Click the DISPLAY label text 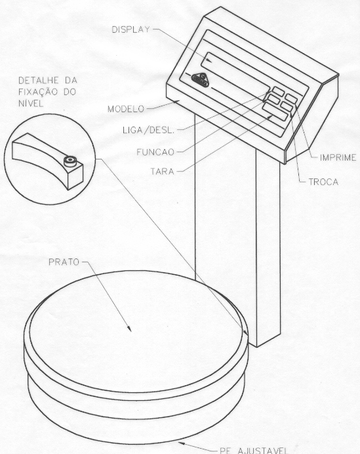point(130,30)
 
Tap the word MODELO point(126,109)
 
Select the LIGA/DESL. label point(149,131)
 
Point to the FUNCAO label point(155,152)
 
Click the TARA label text point(163,171)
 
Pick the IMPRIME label point(338,158)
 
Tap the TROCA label point(323,182)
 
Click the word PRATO point(64,262)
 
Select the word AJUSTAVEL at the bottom point(263,450)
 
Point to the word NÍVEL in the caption point(31,103)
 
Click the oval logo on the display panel point(200,79)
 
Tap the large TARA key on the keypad point(275,112)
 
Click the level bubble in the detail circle point(70,161)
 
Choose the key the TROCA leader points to point(287,107)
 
